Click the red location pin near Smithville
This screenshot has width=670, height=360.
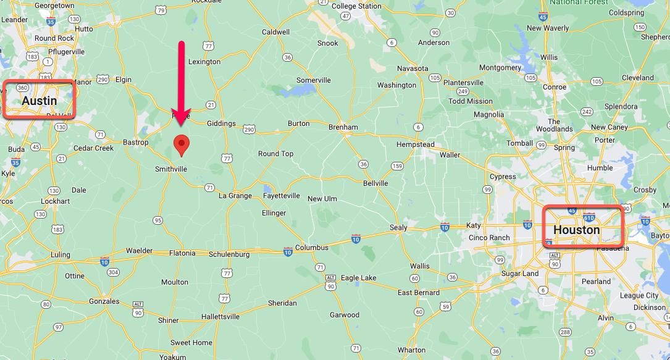point(181,144)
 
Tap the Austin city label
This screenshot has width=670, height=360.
point(39,101)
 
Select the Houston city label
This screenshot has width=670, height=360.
point(576,230)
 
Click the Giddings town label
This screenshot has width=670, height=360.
point(221,123)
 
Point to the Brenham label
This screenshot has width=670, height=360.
point(343,127)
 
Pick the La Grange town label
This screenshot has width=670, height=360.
point(235,196)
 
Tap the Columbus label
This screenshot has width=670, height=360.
point(311,248)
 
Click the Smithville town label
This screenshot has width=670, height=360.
point(171,169)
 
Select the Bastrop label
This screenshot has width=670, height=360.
point(135,143)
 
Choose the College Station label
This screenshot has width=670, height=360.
point(356,6)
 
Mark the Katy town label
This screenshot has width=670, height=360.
point(473,225)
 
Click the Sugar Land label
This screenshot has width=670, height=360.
point(520,274)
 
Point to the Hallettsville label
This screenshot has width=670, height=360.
point(220,317)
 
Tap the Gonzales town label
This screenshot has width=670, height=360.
point(104,301)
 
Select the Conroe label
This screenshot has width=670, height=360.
point(555,87)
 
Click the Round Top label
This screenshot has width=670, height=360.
point(275,154)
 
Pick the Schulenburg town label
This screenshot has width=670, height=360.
point(229,254)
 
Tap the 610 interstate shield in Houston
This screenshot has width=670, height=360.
point(588,218)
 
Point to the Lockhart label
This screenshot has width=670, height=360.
point(55,201)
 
